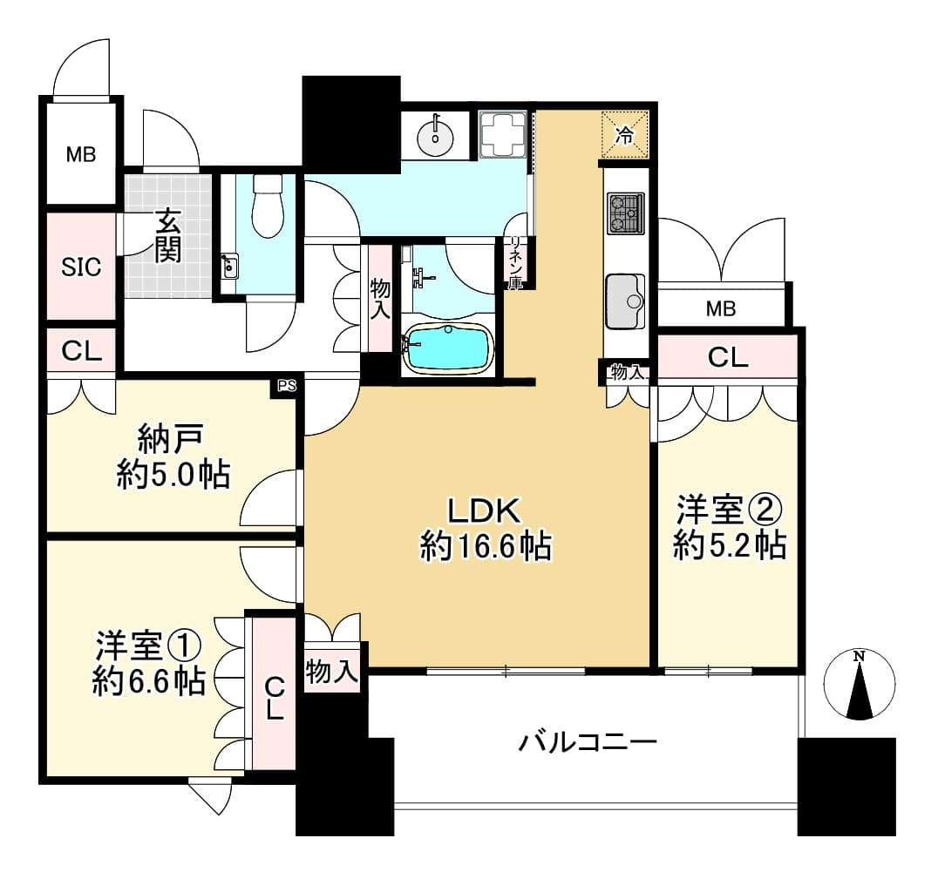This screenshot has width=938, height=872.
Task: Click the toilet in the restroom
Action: point(268,206)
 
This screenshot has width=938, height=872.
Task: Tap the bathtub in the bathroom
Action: point(449,348)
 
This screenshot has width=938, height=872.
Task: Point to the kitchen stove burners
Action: point(626,213)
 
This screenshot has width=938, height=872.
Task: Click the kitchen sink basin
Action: point(625,301)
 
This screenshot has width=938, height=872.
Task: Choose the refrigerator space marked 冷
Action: point(624,135)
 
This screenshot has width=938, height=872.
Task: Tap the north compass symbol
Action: point(860,684)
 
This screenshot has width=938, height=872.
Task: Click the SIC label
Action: point(81,267)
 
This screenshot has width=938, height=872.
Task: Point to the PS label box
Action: point(287,386)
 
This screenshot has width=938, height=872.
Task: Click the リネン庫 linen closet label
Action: point(515,264)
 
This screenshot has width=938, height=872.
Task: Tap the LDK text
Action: point(485,511)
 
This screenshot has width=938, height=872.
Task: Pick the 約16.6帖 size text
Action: point(486,546)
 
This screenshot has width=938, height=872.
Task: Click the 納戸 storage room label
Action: point(172,439)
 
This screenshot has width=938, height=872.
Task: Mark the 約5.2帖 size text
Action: point(730,545)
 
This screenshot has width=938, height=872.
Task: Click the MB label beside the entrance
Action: point(81,155)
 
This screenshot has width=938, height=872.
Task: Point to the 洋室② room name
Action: point(730,510)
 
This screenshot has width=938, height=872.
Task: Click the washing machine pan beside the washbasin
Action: point(502,135)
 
